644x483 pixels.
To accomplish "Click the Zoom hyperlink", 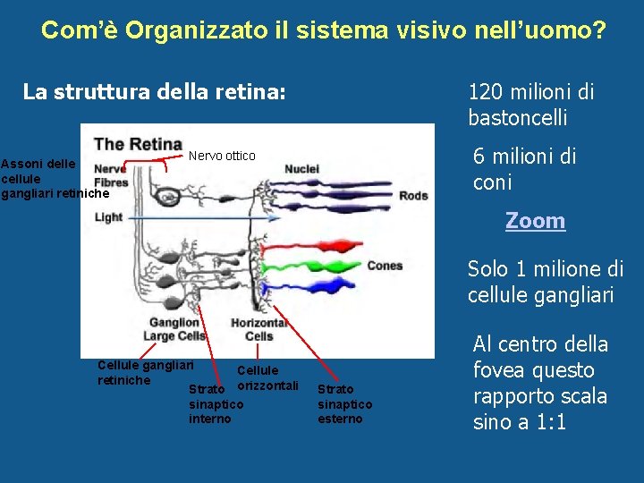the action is tap(535, 221).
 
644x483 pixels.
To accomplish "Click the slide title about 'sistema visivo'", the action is tap(323, 30).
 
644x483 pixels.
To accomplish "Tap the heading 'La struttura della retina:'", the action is tap(154, 91).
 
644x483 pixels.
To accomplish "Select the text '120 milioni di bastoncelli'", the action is tap(530, 105).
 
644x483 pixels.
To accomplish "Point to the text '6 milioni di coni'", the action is tap(524, 169).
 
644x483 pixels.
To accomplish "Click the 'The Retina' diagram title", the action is tap(138, 144).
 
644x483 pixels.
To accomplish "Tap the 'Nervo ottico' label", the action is tap(221, 156).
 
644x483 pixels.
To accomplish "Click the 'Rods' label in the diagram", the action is tap(413, 196).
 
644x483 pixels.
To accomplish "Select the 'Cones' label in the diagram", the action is tap(385, 266).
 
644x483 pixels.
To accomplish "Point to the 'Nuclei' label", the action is tap(301, 169).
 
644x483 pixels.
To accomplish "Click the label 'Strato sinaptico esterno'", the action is tap(345, 404).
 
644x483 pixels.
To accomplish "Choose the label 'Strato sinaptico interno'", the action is tap(216, 404).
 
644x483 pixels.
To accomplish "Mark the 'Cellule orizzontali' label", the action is tap(265, 377).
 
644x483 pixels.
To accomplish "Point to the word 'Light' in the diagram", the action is tap(108, 217).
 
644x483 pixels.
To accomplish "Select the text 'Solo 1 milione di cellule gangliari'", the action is tap(545, 282).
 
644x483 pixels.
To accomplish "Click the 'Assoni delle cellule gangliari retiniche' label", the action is tap(54, 178).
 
